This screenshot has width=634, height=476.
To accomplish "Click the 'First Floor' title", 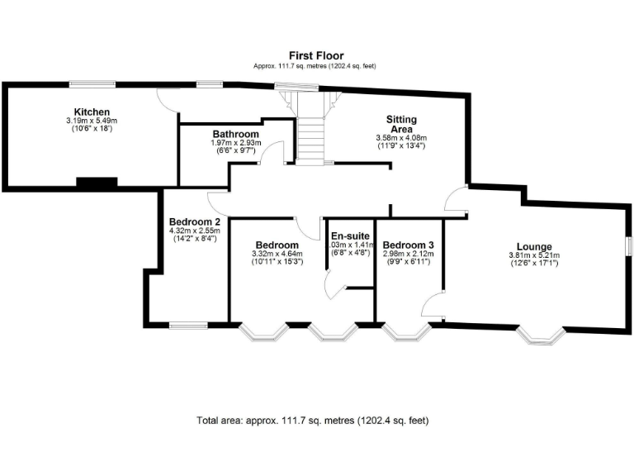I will click(316, 55).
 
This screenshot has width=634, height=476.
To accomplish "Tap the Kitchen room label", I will click(92, 112).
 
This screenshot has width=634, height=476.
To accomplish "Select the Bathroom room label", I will click(235, 134).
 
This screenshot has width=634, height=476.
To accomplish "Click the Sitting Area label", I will click(401, 125).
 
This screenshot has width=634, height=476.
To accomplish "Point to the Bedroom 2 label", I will click(194, 221).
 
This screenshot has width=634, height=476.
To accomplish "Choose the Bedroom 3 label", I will click(408, 245).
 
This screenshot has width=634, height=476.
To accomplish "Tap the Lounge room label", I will click(533, 246).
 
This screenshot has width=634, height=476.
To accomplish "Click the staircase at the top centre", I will click(311, 132).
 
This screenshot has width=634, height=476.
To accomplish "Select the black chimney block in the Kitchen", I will click(97, 183).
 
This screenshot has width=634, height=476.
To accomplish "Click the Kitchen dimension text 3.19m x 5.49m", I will click(92, 121).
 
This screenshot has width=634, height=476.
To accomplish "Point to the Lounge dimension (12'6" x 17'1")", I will click(533, 264).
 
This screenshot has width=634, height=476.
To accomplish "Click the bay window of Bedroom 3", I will click(407, 331).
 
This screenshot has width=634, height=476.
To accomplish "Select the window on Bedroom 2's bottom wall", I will click(188, 324).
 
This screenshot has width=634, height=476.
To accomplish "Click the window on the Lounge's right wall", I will click(628, 246).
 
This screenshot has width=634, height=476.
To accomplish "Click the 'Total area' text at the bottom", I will click(313, 420).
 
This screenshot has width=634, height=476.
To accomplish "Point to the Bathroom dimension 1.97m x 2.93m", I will click(235, 143).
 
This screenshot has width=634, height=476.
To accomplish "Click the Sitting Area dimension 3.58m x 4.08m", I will click(401, 138).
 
